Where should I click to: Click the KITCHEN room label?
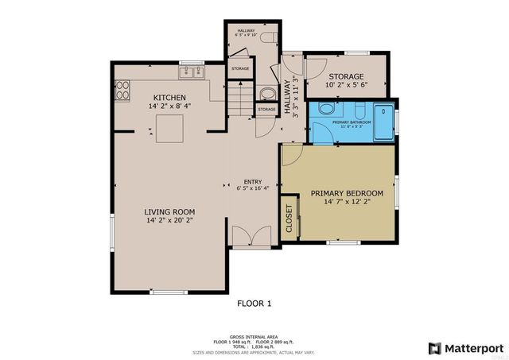coord(169,97)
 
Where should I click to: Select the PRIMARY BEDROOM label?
coord(347,193)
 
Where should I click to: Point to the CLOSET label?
coord(288,219)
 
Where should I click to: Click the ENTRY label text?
coord(253,180)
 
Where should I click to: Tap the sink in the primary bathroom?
coord(327,110)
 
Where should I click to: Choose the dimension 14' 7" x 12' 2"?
coord(347,202)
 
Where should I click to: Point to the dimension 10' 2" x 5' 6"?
coord(346,85)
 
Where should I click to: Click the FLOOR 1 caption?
coord(254,303)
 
